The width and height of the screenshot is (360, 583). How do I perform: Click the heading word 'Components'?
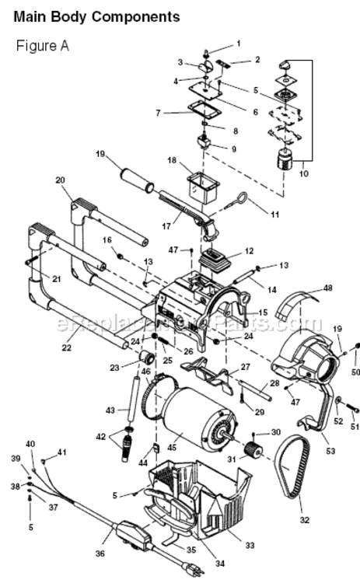136,17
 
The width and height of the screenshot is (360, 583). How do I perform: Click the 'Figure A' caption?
43,46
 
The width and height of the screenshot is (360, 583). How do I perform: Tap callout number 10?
304,173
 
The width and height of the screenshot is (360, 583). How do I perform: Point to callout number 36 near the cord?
100,553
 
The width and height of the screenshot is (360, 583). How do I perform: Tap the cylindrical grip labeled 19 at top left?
137,180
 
